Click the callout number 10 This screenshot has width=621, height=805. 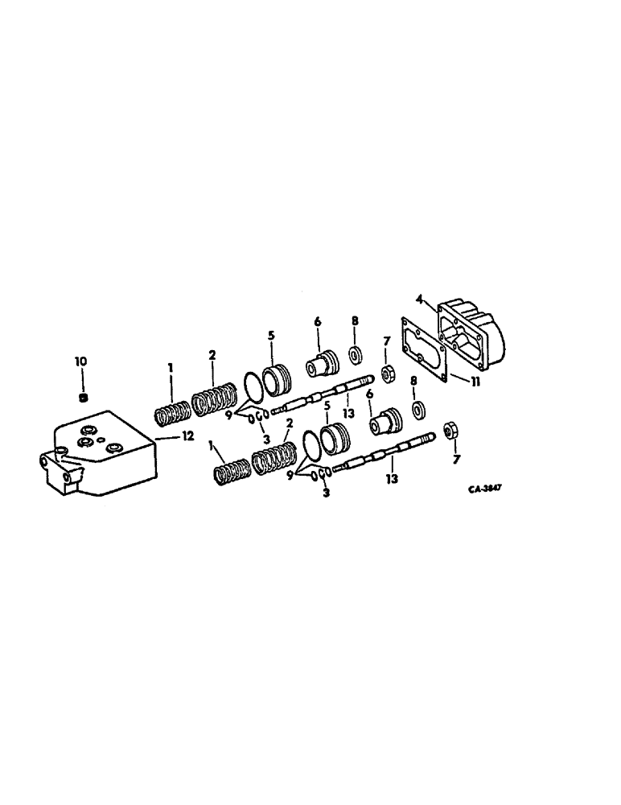[82, 363]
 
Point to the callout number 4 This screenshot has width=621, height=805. [419, 299]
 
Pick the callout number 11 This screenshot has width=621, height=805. [475, 383]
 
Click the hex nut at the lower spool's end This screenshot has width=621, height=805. [450, 432]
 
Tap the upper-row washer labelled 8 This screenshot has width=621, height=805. [354, 356]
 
